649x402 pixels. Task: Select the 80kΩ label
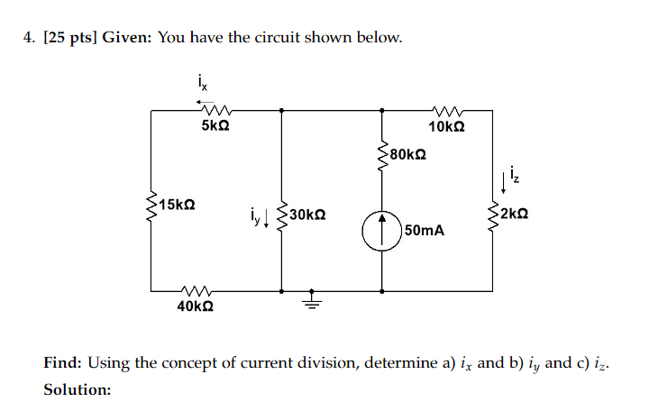(408, 154)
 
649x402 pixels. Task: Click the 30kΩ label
(308, 215)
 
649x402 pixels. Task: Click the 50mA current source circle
(383, 231)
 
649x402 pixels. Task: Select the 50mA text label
(425, 231)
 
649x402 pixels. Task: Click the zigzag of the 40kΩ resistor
(196, 290)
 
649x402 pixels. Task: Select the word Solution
(78, 389)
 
